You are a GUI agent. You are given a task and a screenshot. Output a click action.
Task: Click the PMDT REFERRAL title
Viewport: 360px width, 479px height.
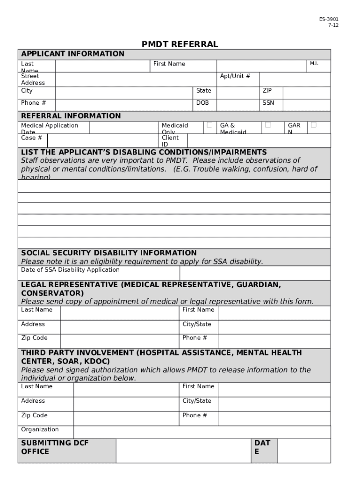[180, 44]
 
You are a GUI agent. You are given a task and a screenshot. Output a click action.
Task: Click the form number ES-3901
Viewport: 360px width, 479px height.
[329, 19]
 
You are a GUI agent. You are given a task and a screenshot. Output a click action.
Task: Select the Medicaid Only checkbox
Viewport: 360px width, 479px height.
[209, 125]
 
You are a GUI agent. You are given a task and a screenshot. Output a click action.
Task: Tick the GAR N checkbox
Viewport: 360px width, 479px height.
[313, 125]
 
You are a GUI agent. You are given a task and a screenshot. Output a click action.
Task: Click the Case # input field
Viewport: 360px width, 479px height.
[103, 141]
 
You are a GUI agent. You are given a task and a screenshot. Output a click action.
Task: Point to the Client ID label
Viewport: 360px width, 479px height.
[170, 141]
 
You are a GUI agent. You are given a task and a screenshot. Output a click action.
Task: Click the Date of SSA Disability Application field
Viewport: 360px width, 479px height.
[255, 273]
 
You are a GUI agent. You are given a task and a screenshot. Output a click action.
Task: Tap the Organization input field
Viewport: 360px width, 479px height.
[202, 432]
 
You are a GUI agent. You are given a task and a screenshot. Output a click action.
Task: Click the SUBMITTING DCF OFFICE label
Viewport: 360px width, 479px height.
[55, 447]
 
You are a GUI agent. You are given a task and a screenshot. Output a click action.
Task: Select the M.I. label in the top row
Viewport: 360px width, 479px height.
[314, 64]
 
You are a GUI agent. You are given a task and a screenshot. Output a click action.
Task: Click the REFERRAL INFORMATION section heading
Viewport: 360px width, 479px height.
[71, 116]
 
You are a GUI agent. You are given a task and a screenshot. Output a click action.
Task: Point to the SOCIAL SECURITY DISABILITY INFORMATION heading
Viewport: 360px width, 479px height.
[109, 253]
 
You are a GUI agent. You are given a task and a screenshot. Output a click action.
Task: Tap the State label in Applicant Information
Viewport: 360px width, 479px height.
[203, 91]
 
